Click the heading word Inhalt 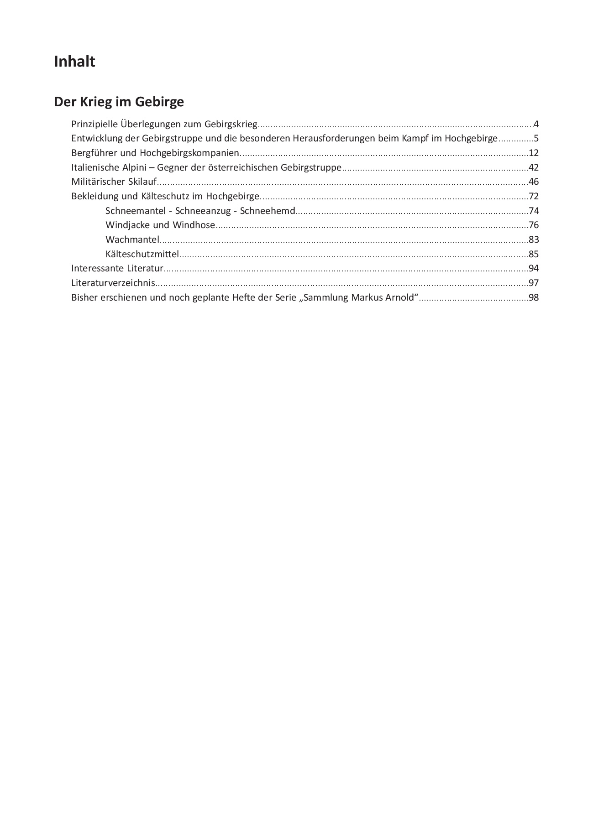[x=74, y=62]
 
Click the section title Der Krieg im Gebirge [x=119, y=102]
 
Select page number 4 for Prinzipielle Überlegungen [x=536, y=124]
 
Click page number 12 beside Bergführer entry [x=534, y=153]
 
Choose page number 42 [x=534, y=167]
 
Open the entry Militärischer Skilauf [x=114, y=182]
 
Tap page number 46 [x=534, y=182]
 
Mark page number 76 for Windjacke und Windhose [x=534, y=225]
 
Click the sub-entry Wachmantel [x=132, y=239]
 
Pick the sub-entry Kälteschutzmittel [x=142, y=254]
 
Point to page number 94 [x=534, y=268]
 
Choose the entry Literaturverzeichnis [x=113, y=283]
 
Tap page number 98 [x=534, y=297]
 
